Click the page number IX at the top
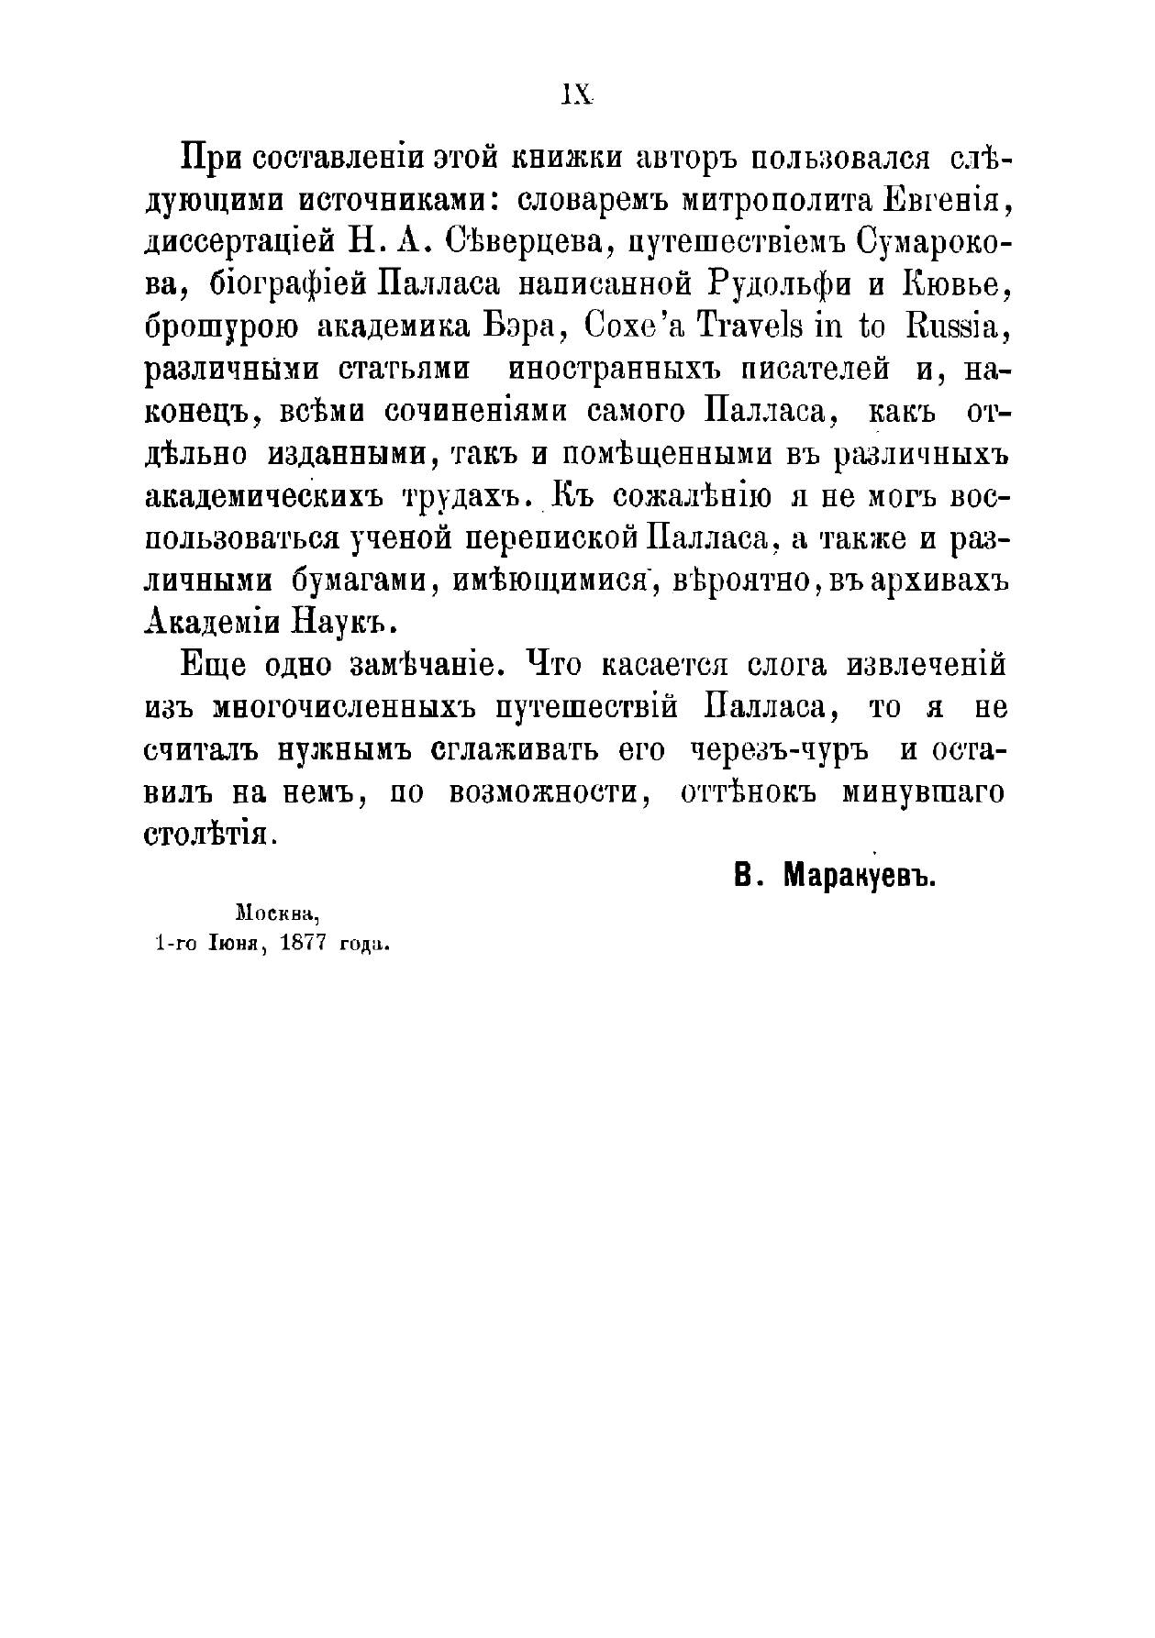577,95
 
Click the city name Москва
276,914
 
